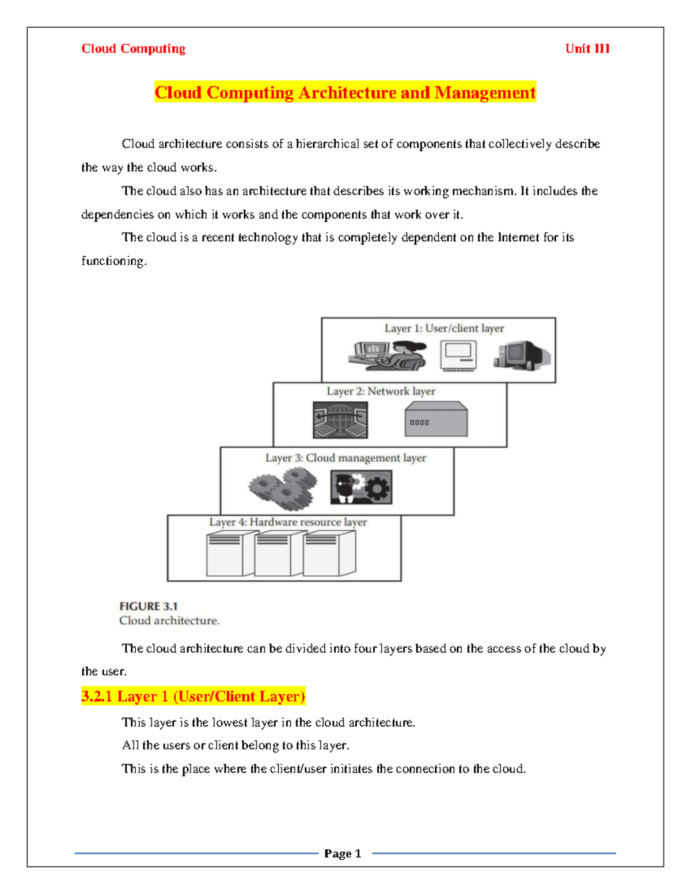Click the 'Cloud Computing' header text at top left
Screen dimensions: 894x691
coord(133,49)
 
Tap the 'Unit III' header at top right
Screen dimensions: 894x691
coord(587,49)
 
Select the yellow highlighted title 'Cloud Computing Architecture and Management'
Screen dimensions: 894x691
coord(345,93)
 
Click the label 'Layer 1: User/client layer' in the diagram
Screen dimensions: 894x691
coord(444,328)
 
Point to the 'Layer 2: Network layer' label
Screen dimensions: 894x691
coord(381,391)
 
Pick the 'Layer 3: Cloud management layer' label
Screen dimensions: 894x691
coord(345,458)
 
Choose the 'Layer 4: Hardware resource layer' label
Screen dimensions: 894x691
coord(288,522)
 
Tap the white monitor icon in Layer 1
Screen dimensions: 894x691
coord(458,356)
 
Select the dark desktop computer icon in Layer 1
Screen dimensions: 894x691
coord(521,355)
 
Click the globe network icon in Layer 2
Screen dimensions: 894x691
coord(340,420)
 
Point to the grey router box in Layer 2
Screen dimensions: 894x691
coord(436,420)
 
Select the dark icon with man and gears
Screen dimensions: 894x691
coord(361,487)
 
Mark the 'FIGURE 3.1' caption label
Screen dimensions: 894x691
coord(149,606)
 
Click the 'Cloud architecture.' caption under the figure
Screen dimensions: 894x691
coord(169,621)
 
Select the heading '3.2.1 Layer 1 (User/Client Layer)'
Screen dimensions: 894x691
coord(193,697)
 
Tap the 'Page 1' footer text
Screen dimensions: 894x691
coord(343,854)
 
